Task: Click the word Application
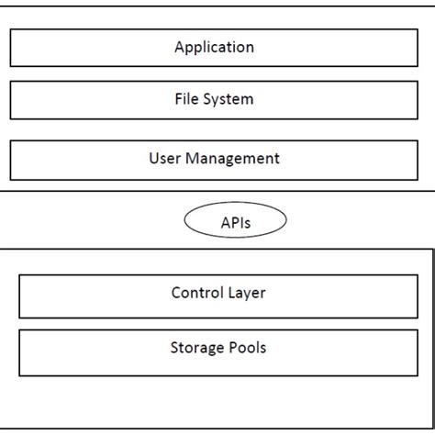(x=214, y=48)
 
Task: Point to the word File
(x=186, y=99)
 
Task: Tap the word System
(x=229, y=99)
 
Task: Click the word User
(x=164, y=159)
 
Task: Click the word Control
(x=195, y=294)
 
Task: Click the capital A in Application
(x=180, y=47)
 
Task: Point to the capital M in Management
(x=192, y=158)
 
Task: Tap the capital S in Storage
(x=174, y=348)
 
